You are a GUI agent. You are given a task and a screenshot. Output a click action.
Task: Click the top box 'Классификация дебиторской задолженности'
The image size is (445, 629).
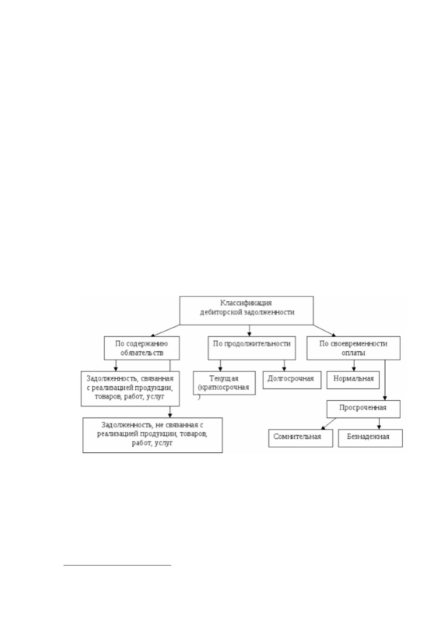tap(246, 310)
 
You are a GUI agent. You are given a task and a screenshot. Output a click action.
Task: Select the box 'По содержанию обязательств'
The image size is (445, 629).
tap(142, 348)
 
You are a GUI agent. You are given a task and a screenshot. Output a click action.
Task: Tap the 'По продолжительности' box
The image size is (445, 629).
tap(252, 348)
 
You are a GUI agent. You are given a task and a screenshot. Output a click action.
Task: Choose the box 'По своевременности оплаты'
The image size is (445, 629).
tap(353, 348)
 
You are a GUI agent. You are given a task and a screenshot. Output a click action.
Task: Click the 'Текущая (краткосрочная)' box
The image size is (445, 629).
tap(224, 383)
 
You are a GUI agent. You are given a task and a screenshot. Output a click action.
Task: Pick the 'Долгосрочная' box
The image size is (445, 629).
tap(292, 380)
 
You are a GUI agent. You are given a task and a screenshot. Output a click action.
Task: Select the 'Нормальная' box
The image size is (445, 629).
tap(353, 380)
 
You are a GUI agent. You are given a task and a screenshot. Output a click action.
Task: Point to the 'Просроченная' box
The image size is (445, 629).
tap(363, 409)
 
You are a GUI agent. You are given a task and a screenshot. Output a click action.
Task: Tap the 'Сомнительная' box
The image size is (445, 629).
tap(301, 438)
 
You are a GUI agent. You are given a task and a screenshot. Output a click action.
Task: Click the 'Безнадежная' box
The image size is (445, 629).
tap(370, 438)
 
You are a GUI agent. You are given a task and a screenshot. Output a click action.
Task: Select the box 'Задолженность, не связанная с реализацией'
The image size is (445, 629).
tap(152, 435)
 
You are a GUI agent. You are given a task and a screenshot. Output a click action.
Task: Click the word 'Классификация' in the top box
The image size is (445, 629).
tap(246, 303)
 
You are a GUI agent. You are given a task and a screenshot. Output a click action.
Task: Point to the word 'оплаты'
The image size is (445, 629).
tap(353, 353)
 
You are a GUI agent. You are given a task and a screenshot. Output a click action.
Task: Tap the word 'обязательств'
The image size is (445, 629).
tap(142, 353)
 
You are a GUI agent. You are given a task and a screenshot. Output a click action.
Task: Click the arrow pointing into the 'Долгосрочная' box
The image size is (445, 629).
tap(284, 365)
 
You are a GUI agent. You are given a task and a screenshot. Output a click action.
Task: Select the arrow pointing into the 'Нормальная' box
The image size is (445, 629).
tap(354, 365)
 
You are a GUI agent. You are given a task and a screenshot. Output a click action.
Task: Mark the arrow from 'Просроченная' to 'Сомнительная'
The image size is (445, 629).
tap(328, 424)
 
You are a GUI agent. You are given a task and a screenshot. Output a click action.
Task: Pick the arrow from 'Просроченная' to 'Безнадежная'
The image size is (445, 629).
tap(379, 424)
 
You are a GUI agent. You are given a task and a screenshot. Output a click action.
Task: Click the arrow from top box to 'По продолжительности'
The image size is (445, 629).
tap(250, 331)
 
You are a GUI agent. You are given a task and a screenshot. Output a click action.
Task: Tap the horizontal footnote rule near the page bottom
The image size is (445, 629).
tap(117, 565)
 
